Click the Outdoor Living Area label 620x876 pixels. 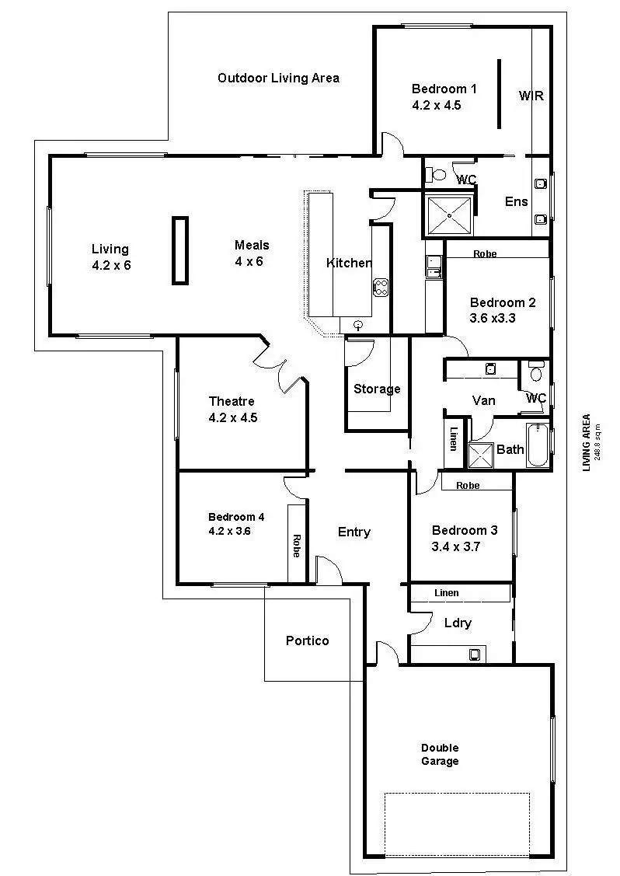click(x=278, y=78)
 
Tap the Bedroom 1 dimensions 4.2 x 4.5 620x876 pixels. click(x=437, y=105)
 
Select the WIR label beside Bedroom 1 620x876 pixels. click(x=531, y=96)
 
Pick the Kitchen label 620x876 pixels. click(x=349, y=263)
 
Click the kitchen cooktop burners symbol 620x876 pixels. click(x=381, y=287)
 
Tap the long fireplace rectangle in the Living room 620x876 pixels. click(x=180, y=250)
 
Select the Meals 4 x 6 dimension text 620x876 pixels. click(x=249, y=261)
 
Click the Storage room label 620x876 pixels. click(x=377, y=389)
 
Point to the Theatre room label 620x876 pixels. click(x=232, y=401)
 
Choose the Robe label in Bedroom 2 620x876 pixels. click(x=485, y=254)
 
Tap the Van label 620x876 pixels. click(x=484, y=400)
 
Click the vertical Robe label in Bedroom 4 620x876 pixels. click(x=297, y=545)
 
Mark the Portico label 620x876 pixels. click(x=307, y=640)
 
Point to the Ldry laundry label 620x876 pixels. click(x=458, y=623)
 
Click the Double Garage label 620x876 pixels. click(x=440, y=755)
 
